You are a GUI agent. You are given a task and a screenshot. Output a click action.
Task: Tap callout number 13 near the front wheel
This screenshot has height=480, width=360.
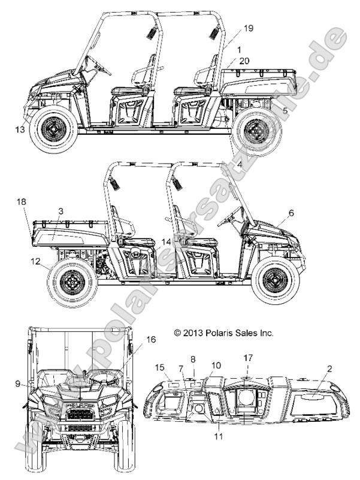20,128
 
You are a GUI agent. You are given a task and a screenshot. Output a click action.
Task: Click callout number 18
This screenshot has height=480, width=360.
22,203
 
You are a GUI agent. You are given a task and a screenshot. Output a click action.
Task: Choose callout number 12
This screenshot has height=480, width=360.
36,261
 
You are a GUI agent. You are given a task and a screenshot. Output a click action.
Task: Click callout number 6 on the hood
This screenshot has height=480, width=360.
291,213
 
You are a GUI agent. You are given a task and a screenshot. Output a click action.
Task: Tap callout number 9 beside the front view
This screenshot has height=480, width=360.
19,382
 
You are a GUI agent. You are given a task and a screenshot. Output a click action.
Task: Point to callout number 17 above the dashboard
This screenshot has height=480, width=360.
247,358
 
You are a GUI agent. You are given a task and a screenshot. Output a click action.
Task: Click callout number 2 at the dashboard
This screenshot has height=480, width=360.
329,369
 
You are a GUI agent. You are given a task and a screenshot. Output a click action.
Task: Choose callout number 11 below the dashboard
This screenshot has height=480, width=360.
218,437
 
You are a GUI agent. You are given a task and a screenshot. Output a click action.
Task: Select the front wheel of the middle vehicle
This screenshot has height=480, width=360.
276,279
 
